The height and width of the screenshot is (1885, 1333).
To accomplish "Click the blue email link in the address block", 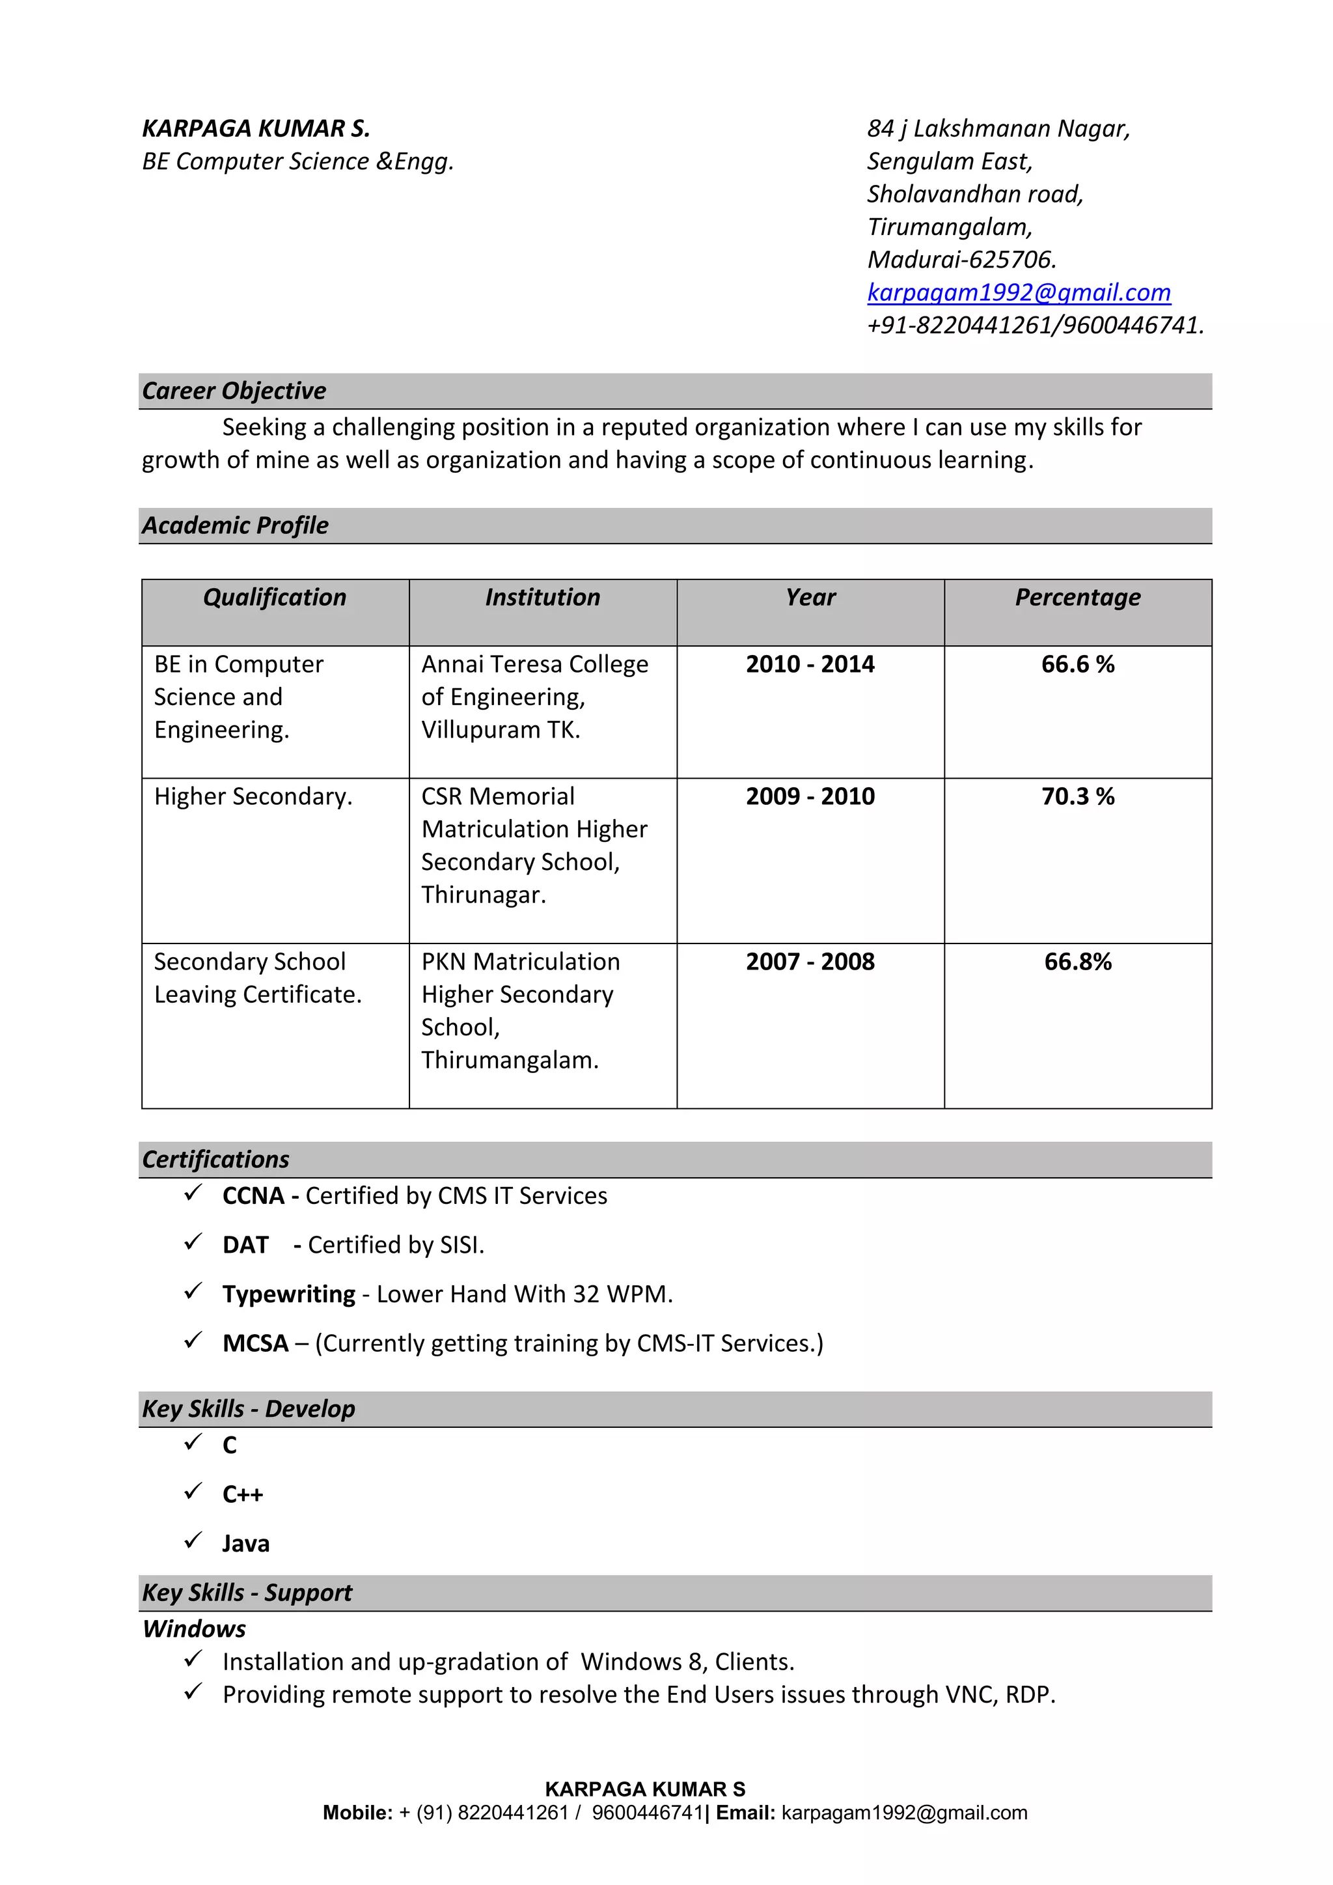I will (x=1019, y=292).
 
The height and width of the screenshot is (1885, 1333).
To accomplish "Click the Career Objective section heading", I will (x=234, y=391).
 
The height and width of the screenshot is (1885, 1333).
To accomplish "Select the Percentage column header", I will (x=1077, y=598).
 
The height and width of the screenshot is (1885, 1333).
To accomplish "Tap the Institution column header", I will (x=543, y=598).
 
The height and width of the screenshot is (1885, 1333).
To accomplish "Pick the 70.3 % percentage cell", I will (x=1077, y=796).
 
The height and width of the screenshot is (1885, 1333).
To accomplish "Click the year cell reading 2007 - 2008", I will (x=810, y=962).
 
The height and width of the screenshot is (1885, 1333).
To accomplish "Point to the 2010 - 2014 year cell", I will (x=810, y=664).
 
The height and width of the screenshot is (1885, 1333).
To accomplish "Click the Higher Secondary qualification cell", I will (x=253, y=796).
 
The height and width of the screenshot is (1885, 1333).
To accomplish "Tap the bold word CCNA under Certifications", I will (x=253, y=1196).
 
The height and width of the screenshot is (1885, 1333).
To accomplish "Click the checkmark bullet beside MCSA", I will (x=193, y=1341).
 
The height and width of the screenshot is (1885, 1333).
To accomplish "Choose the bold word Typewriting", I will (x=289, y=1294).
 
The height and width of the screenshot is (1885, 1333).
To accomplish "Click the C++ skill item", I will (x=242, y=1494).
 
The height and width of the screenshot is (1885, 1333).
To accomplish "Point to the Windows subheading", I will (x=195, y=1629).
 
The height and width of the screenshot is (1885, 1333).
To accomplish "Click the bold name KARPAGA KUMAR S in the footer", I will (x=645, y=1789).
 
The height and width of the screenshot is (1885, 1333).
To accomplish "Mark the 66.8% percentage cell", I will (x=1077, y=962).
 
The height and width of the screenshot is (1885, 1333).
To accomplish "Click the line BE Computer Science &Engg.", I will (x=298, y=161).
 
